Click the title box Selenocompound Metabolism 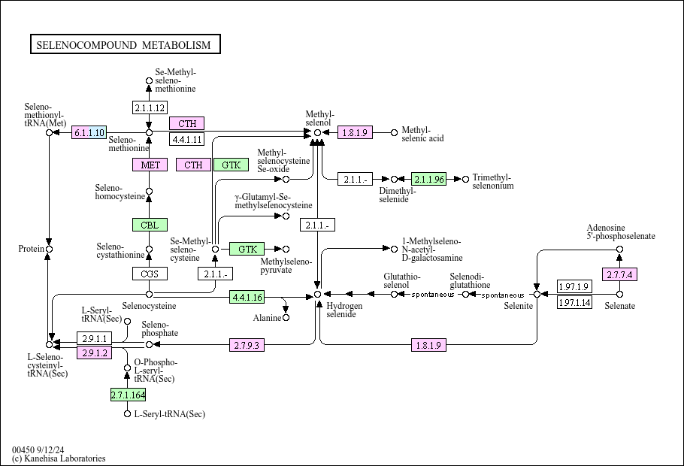(125, 45)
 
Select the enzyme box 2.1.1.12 (149, 107)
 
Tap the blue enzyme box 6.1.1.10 (89, 133)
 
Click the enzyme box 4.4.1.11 (186, 139)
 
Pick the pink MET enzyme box (150, 165)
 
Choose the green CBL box (150, 224)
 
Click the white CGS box (150, 274)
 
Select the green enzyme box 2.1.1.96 (428, 179)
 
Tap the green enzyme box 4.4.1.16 (247, 298)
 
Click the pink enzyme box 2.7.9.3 (247, 345)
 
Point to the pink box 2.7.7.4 (619, 274)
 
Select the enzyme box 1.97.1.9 (574, 286)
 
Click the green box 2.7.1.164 (128, 395)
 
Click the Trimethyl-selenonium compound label (493, 182)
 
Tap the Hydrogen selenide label (345, 310)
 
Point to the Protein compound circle (50, 249)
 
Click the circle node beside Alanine (286, 318)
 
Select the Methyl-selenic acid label (422, 134)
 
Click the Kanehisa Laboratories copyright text (59, 458)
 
